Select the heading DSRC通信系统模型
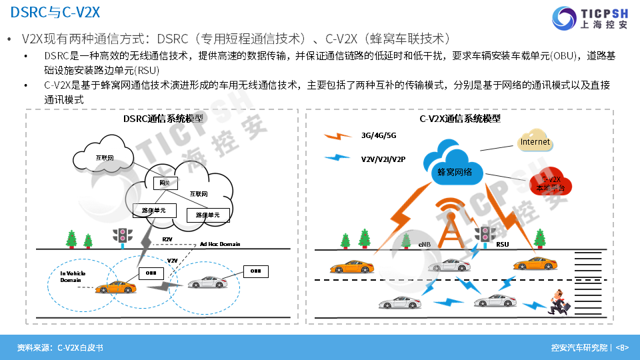(163, 119)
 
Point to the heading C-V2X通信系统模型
(460, 119)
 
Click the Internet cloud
(535, 141)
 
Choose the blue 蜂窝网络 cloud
(455, 167)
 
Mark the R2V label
(168, 239)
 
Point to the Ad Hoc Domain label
(220, 244)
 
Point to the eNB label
(425, 245)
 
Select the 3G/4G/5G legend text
(379, 135)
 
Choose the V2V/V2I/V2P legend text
(383, 159)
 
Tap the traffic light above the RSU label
(485, 233)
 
